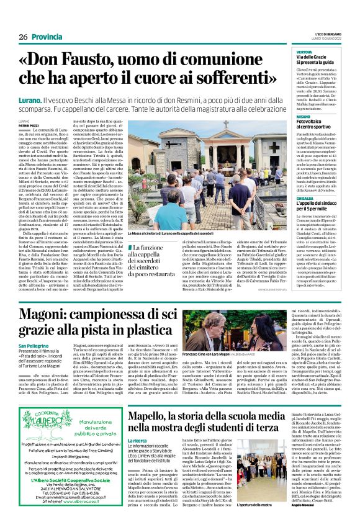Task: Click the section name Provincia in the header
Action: [x=48, y=20]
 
